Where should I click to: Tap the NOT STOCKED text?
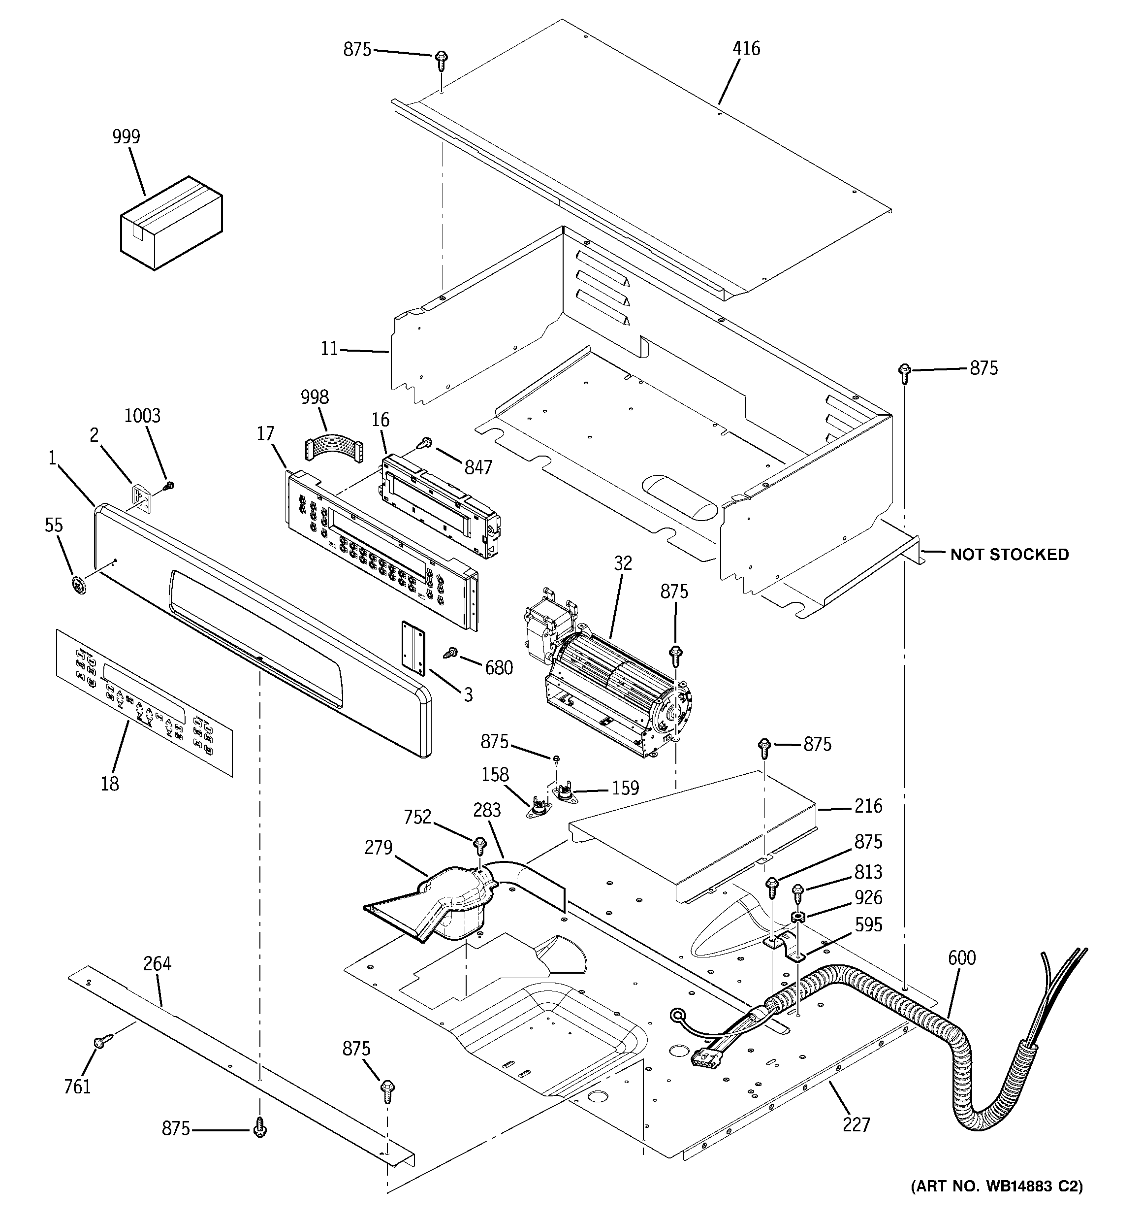coord(1009,555)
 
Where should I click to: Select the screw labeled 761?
coord(101,1042)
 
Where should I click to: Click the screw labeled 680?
coord(453,653)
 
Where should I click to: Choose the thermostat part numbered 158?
coord(539,808)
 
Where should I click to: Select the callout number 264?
coord(158,963)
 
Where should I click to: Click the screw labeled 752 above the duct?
coord(480,847)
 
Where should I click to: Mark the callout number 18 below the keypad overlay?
coord(110,783)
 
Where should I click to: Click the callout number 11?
coord(329,349)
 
